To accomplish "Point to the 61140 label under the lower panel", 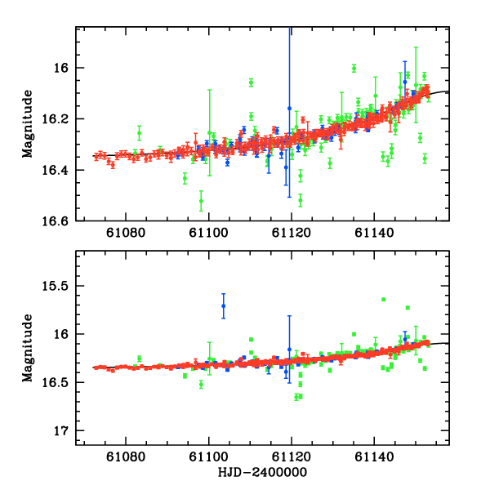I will (373, 459).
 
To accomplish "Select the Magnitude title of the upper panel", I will (29, 123).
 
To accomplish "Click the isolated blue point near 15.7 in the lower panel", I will (223, 305).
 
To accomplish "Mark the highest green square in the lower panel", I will (383, 300).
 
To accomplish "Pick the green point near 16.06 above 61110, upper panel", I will (251, 82).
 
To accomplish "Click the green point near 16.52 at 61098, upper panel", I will (201, 200).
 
